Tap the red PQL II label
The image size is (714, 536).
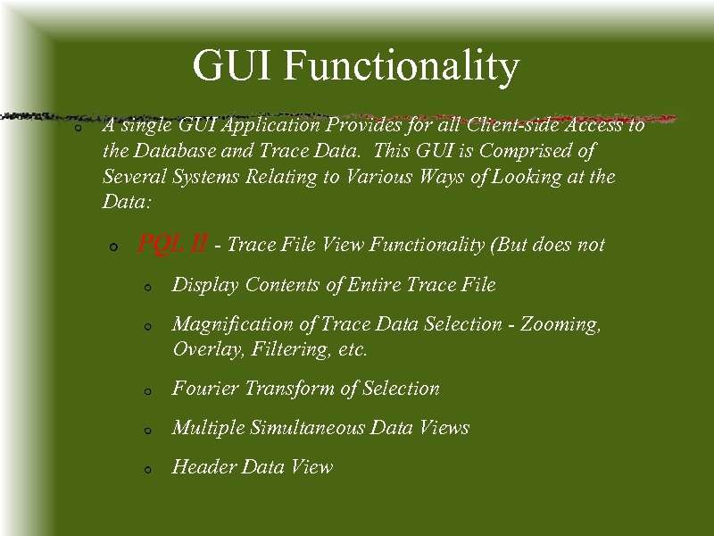click(x=173, y=243)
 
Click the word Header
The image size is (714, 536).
click(x=202, y=466)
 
